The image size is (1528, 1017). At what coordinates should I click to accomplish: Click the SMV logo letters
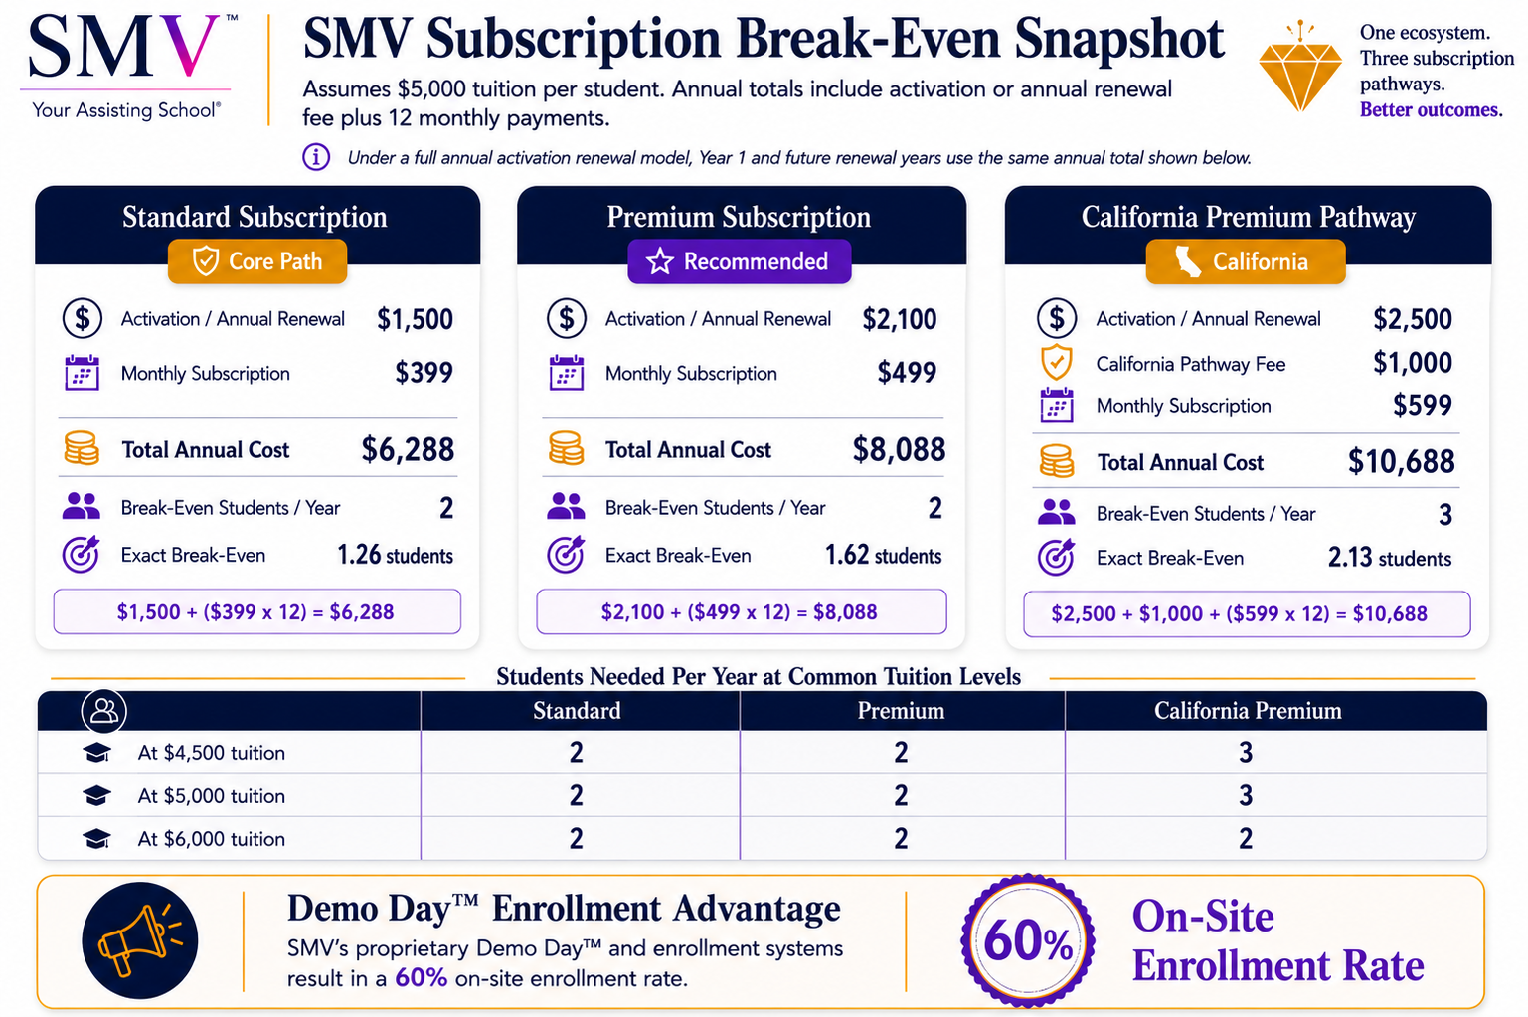(124, 47)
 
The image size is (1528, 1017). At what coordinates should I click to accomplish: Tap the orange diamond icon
(1300, 69)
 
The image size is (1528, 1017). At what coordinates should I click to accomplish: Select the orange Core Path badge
(257, 261)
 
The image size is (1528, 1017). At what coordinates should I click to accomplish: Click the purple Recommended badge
(740, 261)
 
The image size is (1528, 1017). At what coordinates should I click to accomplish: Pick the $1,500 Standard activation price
(415, 319)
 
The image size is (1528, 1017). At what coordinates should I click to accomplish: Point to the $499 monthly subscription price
(907, 373)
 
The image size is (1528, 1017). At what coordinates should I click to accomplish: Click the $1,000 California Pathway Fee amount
(1412, 363)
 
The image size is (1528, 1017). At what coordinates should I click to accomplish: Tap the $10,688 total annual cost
(1401, 462)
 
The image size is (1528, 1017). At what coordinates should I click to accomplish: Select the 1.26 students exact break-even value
(395, 555)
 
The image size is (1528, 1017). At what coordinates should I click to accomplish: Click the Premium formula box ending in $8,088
(742, 611)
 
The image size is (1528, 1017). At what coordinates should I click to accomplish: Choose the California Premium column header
(1248, 711)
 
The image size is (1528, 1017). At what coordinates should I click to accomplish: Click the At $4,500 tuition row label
(212, 753)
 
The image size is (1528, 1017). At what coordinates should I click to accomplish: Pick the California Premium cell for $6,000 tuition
(1246, 838)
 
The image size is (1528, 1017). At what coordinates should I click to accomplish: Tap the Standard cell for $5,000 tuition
(577, 795)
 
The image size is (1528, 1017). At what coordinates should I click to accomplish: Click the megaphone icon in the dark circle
(140, 940)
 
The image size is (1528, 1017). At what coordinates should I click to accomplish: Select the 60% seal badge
(1028, 940)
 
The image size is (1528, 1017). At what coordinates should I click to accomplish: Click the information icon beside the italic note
(316, 157)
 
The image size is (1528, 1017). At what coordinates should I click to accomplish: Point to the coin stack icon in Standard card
(82, 448)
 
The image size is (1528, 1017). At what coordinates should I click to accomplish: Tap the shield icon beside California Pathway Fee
(1056, 362)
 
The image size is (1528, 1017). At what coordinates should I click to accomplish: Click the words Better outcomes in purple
(1431, 109)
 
